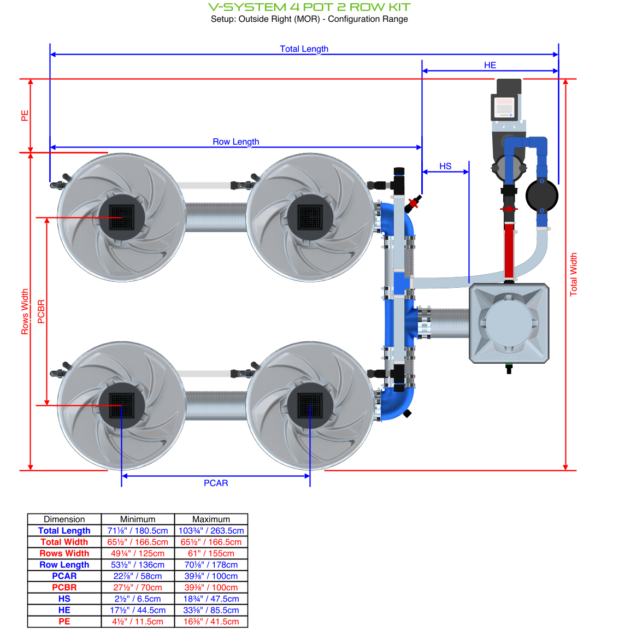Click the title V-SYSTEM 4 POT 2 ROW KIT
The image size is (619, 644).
click(x=309, y=7)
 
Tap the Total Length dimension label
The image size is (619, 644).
click(x=304, y=49)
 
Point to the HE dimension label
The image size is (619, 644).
click(x=490, y=65)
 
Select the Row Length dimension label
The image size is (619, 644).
click(x=235, y=141)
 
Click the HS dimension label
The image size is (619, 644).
click(x=445, y=166)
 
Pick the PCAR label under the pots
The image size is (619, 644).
click(x=216, y=483)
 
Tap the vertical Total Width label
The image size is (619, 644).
click(x=573, y=274)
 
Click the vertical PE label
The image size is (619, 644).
click(x=25, y=116)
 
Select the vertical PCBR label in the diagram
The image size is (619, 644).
click(x=41, y=311)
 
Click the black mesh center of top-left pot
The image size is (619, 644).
click(x=121, y=217)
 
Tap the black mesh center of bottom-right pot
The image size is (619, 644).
click(x=310, y=406)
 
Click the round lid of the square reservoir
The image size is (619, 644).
click(x=509, y=323)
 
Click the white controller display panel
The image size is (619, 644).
click(x=503, y=107)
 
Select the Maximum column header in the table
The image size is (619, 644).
click(x=211, y=519)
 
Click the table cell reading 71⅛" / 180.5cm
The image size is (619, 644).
click(x=138, y=530)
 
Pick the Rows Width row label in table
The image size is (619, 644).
click(x=64, y=553)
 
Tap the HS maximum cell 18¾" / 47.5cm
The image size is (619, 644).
click(x=211, y=599)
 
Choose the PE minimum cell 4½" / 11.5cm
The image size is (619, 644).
click(x=138, y=622)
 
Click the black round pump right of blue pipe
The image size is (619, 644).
click(x=541, y=195)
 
